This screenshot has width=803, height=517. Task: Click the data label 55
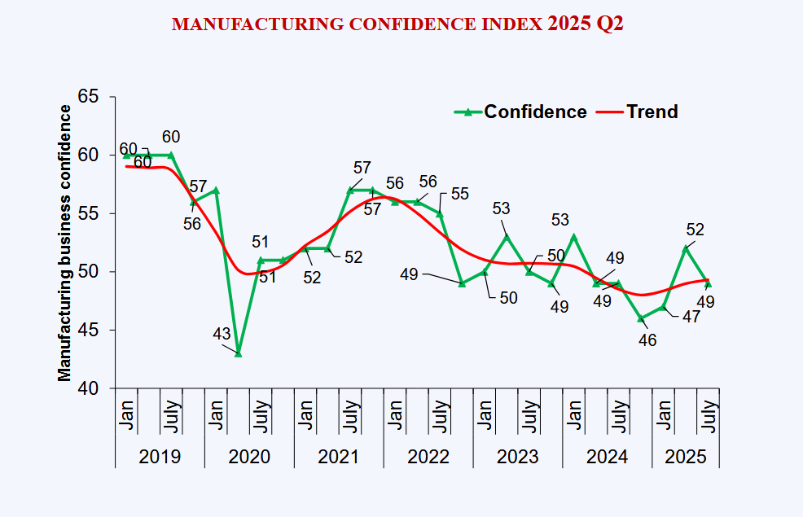click(460, 194)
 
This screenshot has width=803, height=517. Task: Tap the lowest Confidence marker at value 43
click(238, 353)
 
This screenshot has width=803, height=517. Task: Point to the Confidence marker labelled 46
click(641, 318)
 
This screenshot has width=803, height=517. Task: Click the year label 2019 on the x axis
click(160, 457)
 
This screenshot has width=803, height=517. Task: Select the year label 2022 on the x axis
click(428, 457)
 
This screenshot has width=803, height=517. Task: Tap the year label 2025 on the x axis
click(686, 457)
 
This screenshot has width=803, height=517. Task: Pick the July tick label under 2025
click(709, 415)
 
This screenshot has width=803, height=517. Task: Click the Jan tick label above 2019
click(127, 415)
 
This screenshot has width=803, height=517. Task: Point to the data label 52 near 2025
click(695, 230)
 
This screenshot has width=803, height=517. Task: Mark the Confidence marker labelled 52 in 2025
click(686, 248)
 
